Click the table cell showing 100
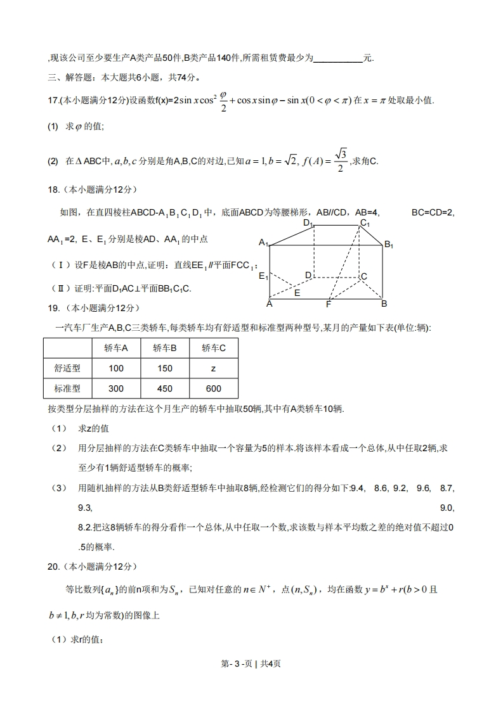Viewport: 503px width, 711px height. (116, 368)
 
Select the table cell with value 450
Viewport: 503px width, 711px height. (164, 388)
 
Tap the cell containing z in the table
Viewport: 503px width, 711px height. (213, 368)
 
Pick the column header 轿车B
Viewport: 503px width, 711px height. (164, 348)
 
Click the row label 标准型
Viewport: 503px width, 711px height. (67, 388)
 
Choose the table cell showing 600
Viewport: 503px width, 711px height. (213, 388)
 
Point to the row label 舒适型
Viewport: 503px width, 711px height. (67, 368)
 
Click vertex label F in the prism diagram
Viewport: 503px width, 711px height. (329, 304)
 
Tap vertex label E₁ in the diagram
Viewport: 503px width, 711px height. (263, 276)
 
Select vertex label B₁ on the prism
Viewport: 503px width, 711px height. (389, 245)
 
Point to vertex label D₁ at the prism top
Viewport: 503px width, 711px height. (308, 223)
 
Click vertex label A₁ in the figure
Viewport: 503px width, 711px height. (263, 243)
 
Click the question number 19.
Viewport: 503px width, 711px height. (53, 308)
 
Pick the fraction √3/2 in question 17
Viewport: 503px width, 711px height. (341, 161)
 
